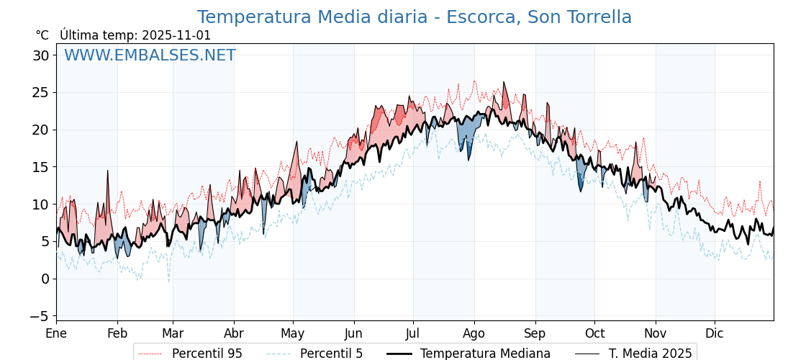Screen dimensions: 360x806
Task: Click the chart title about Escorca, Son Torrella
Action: [414, 17]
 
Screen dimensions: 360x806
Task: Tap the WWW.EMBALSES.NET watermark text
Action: [150, 55]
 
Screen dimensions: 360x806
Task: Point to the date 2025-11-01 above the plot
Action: [176, 35]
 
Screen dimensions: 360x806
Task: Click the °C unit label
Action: [42, 35]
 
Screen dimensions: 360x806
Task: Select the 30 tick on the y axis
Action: [41, 55]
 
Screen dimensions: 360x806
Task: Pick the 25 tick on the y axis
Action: [41, 93]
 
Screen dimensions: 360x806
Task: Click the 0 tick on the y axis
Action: [45, 279]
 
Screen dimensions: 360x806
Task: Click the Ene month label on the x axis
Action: [56, 333]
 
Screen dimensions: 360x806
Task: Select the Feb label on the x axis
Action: [117, 333]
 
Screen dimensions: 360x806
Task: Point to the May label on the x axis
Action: [293, 333]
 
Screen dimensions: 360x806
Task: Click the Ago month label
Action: [474, 333]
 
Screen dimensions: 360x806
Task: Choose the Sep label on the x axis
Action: [535, 333]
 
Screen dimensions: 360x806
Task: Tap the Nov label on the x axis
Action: [656, 333]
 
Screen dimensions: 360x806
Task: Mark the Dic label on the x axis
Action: [715, 333]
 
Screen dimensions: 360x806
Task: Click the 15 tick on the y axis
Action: [41, 167]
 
